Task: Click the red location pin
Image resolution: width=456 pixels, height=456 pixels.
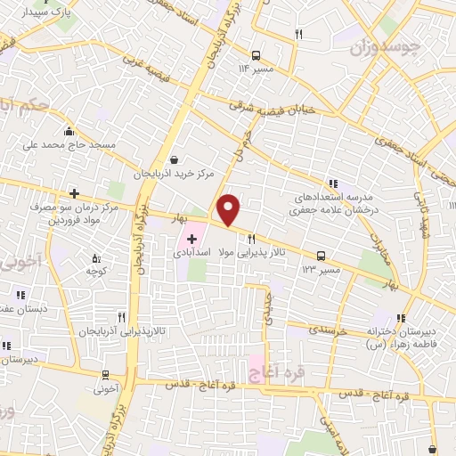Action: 230,210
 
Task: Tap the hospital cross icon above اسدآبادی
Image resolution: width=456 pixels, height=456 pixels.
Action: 191,239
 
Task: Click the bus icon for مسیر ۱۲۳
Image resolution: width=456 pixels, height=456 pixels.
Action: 320,253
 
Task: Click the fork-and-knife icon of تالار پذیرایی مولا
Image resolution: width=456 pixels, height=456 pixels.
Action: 251,239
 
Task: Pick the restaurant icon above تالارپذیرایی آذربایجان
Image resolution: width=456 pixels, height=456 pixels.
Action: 121,316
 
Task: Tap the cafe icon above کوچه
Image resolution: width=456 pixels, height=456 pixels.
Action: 96,259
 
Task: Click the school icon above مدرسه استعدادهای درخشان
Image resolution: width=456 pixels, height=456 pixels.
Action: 331,180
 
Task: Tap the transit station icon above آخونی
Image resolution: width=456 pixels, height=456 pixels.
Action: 105,375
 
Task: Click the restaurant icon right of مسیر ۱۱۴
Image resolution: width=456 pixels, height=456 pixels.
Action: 298,35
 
